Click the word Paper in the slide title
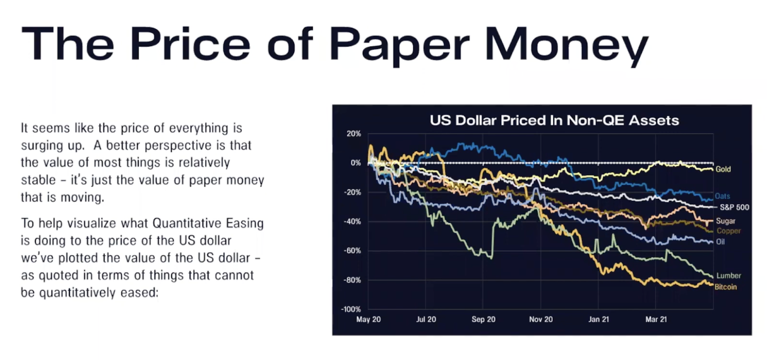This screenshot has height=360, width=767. pyautogui.click(x=399, y=45)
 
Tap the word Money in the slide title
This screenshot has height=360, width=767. pyautogui.click(x=566, y=45)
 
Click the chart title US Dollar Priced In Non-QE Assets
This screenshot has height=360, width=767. pyautogui.click(x=554, y=120)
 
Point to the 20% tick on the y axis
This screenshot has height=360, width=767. pyautogui.click(x=354, y=134)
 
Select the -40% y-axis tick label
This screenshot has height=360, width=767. pyautogui.click(x=352, y=221)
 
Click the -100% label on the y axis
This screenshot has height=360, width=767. pyautogui.click(x=351, y=309)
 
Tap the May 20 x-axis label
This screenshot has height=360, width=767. pyautogui.click(x=368, y=319)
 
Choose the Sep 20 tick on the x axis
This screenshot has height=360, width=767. pyautogui.click(x=483, y=319)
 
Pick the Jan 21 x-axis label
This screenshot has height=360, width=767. pyautogui.click(x=598, y=319)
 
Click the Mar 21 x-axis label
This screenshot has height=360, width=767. pyautogui.click(x=656, y=319)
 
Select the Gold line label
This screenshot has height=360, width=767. pyautogui.click(x=723, y=169)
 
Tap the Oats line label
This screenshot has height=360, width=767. pyautogui.click(x=722, y=196)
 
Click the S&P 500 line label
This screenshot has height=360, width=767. pyautogui.click(x=734, y=207)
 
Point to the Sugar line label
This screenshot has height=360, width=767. pyautogui.click(x=725, y=221)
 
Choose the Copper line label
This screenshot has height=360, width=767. pyautogui.click(x=729, y=231)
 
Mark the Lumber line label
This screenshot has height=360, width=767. pyautogui.click(x=728, y=276)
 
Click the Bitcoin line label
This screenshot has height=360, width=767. pyautogui.click(x=725, y=287)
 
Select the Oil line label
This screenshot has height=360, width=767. pyautogui.click(x=720, y=242)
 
